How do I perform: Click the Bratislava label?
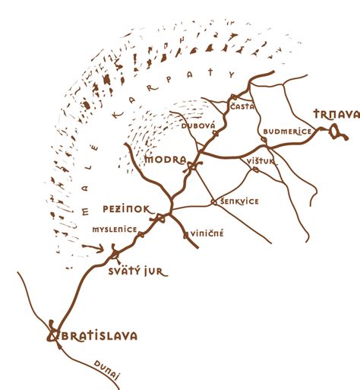pos(96,335)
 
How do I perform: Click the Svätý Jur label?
pos(137,271)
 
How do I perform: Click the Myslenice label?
pos(115,228)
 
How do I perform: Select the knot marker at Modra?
pos(192,168)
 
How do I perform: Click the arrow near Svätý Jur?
pos(94,247)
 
